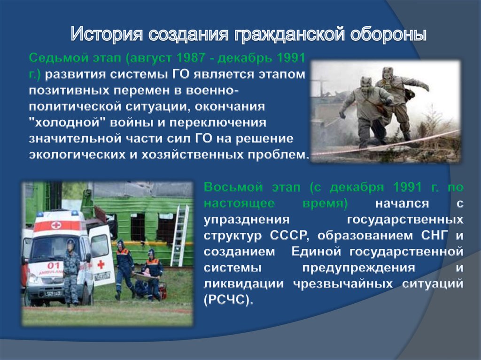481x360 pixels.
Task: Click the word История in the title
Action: [x=107, y=34]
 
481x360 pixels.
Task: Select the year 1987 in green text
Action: [x=191, y=58]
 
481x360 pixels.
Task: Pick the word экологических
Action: [x=77, y=154]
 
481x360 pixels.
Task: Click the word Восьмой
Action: [x=233, y=187]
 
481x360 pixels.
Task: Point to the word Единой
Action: [x=316, y=252]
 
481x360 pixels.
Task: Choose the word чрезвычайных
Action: [x=342, y=283]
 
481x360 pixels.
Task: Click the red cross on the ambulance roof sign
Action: [x=56, y=226]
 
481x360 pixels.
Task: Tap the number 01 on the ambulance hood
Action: [x=53, y=265]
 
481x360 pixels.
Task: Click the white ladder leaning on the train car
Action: [x=179, y=236]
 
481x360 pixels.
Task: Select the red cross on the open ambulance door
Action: [x=101, y=264]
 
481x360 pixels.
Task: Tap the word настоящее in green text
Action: [x=239, y=203]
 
